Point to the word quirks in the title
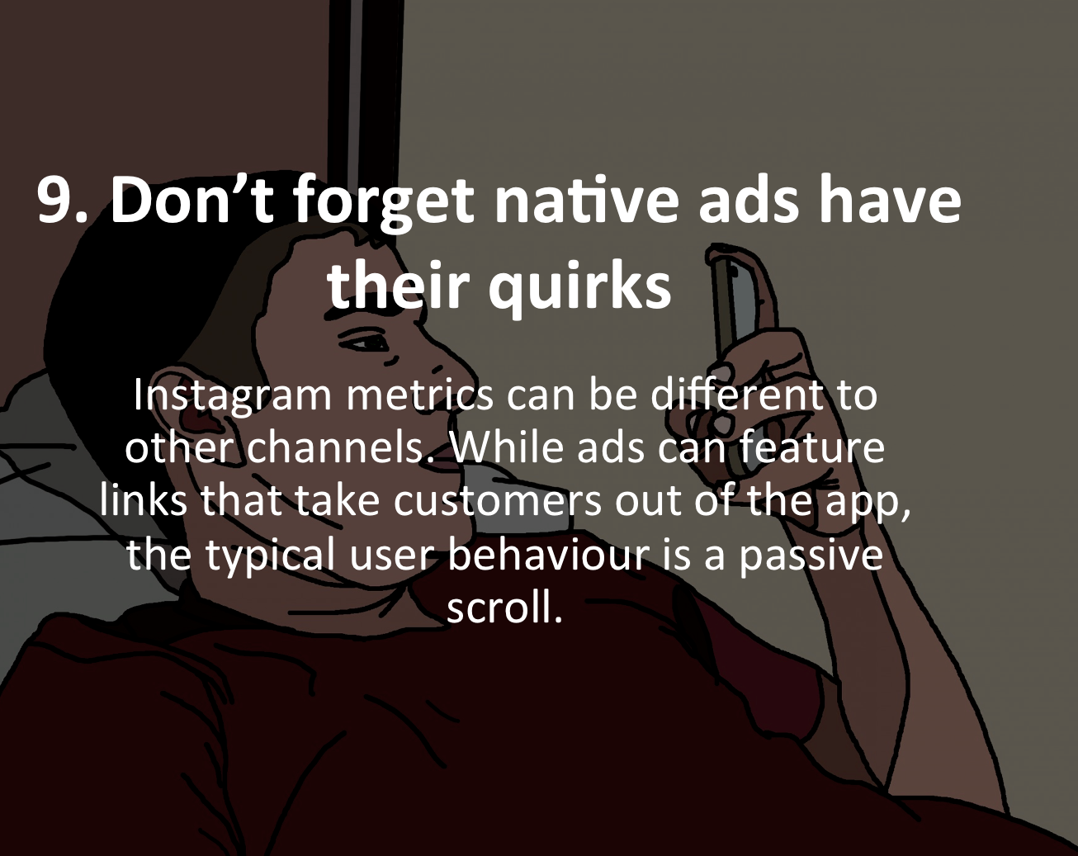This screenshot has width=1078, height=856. [x=579, y=287]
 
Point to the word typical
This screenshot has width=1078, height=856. [x=271, y=557]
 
